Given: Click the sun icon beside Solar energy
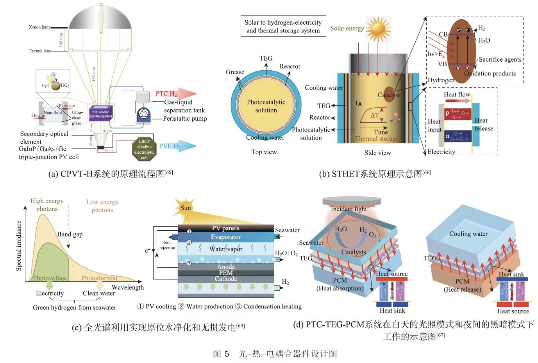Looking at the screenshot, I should (x=378, y=29).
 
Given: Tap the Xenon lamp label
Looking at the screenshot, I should (x=39, y=27).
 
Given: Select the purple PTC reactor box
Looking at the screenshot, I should (x=101, y=114).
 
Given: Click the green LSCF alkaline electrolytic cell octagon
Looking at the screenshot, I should (x=144, y=149).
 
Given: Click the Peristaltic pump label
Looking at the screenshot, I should (x=185, y=118).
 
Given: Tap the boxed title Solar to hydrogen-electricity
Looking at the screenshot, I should (x=283, y=27).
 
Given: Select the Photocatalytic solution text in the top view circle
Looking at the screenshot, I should (x=266, y=106).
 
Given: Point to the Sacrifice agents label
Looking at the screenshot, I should (x=500, y=59).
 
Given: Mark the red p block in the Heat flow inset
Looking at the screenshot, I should (x=455, y=114).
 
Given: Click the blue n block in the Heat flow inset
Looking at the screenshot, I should (x=455, y=136).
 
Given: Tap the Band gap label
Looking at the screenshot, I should (x=70, y=234).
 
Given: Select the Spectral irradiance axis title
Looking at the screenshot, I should (x=19, y=246).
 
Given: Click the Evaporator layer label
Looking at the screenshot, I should (x=225, y=237).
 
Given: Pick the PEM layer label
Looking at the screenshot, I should (x=226, y=273).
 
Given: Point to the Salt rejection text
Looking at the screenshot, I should (x=167, y=245).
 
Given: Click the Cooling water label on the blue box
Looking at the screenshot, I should (x=468, y=234).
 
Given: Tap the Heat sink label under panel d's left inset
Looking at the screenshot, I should (x=392, y=311).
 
